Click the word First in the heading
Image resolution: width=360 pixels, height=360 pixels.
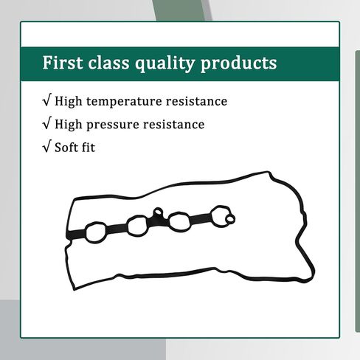point(63,63)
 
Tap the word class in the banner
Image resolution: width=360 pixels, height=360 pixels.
point(108,63)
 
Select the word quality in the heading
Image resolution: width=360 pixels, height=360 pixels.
point(165,64)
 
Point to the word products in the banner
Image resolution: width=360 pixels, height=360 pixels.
point(238,64)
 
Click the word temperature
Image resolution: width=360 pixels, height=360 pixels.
point(124,101)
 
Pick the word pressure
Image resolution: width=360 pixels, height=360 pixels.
point(113,125)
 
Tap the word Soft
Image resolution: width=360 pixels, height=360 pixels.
point(65,148)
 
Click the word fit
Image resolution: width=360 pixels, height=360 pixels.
point(87,148)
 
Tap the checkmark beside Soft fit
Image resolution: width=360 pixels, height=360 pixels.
point(47,146)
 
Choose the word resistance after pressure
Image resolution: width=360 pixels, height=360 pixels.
point(173,124)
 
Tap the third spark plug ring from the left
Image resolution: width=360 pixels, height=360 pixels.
point(170,222)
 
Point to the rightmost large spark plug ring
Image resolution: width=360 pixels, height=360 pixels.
point(212,216)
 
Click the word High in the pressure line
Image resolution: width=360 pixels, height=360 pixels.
point(68,125)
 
